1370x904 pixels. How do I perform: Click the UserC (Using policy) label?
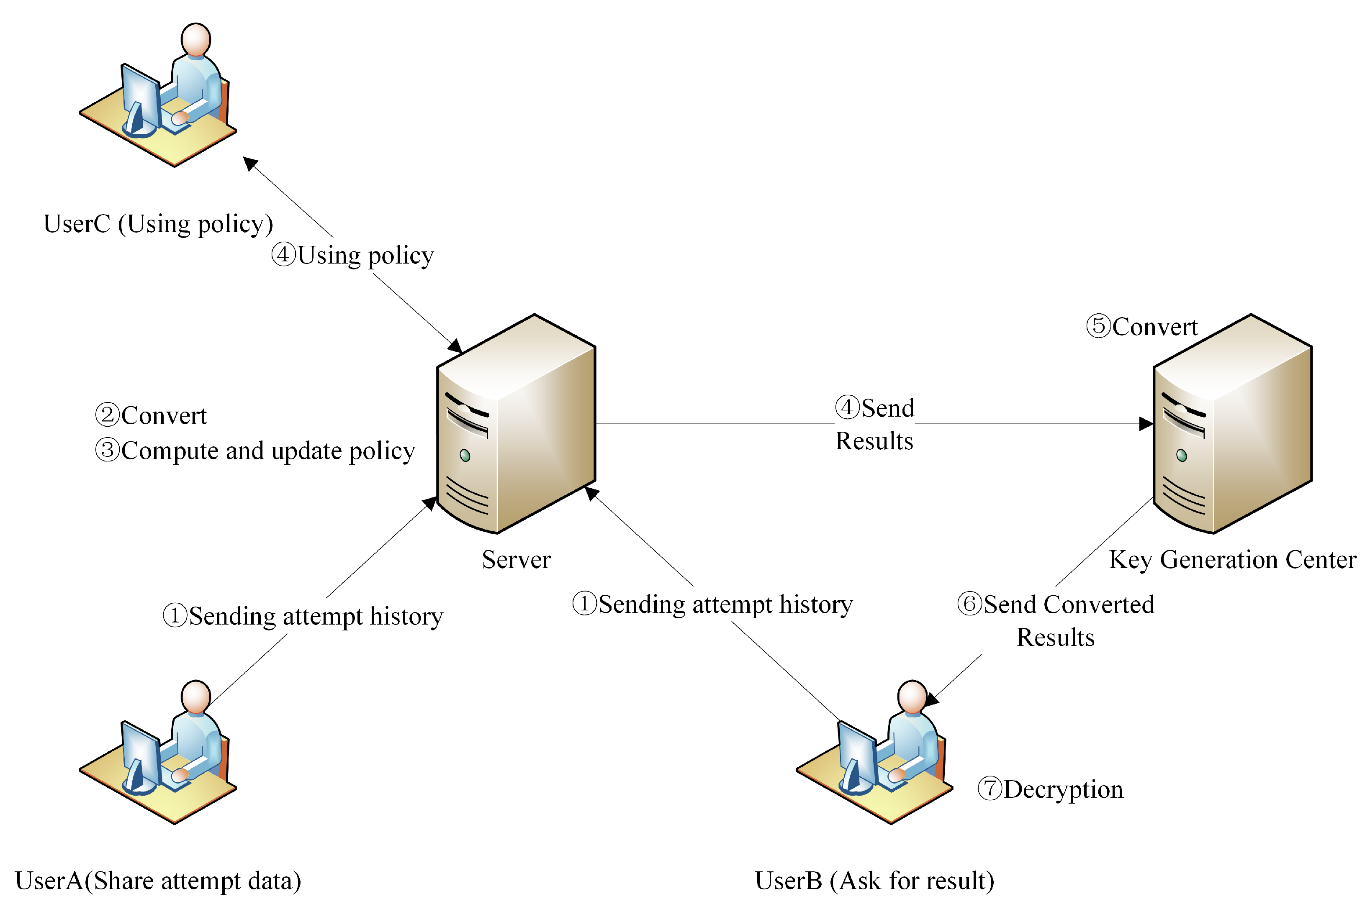point(158,224)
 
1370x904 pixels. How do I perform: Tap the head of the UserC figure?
point(195,39)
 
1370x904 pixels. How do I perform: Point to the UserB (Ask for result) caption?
point(874,880)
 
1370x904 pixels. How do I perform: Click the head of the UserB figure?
point(912,697)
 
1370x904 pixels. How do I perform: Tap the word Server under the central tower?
point(516,560)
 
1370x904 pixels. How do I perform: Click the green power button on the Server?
point(465,456)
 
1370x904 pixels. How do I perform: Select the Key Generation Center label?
point(1232,560)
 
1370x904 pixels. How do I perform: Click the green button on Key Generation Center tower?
point(1181,456)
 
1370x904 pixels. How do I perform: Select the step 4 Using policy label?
point(352,255)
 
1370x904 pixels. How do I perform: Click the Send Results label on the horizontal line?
point(874,424)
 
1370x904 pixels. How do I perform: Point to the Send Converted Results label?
point(1055,620)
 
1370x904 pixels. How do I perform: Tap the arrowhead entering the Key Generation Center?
point(1146,424)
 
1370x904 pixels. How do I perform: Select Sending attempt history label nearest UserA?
point(303,616)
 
